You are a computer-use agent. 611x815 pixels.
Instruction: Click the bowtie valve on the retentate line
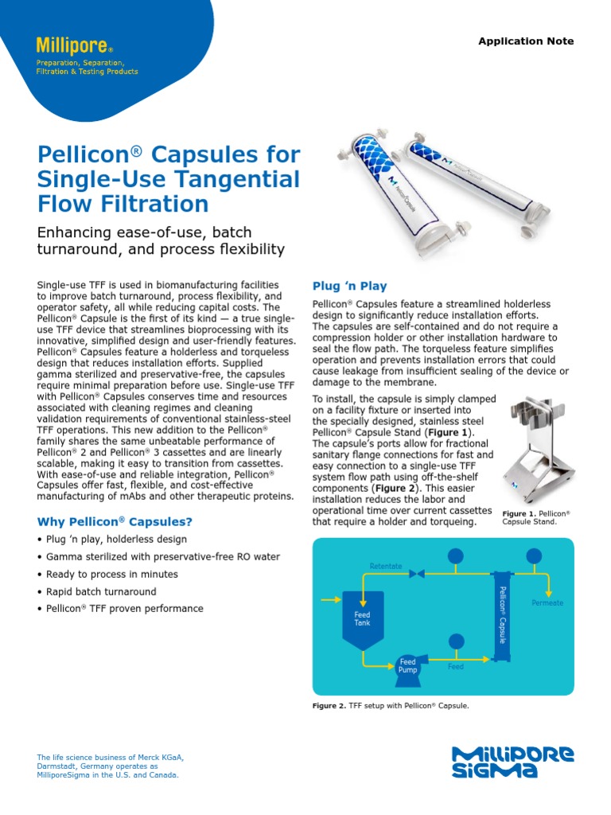click(416, 573)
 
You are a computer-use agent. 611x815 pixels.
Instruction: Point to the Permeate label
click(547, 602)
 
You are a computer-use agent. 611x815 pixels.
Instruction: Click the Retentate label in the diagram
click(386, 566)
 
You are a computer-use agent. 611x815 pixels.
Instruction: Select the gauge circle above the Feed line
click(456, 641)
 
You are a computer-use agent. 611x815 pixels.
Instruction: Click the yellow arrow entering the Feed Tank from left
click(330, 600)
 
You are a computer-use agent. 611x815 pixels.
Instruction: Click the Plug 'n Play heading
click(349, 286)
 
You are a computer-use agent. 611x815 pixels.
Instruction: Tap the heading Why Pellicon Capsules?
click(115, 522)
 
